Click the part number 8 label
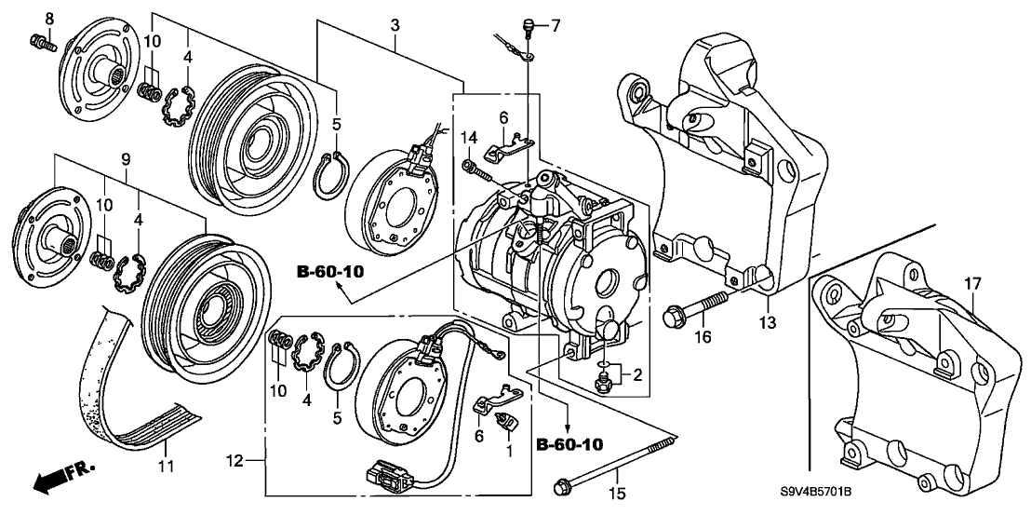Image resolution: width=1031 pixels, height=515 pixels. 49,19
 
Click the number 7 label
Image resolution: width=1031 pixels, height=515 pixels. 556,24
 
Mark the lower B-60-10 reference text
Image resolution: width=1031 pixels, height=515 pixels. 569,444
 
